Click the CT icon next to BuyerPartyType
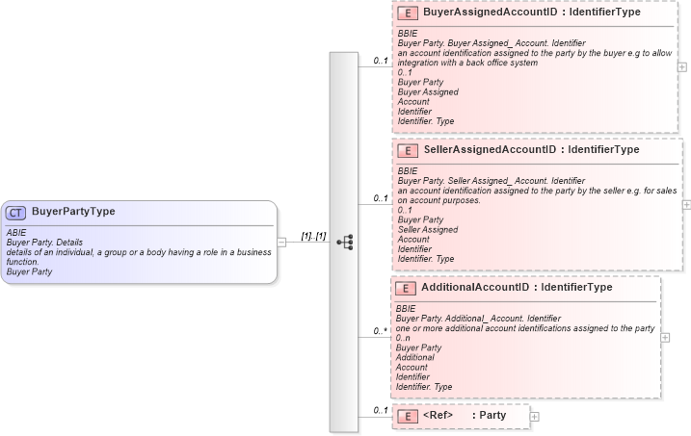(x=15, y=213)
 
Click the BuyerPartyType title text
(x=73, y=212)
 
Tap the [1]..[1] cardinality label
(x=313, y=236)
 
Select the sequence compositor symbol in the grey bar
(x=345, y=242)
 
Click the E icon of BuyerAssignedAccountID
(x=408, y=13)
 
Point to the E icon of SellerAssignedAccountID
(x=408, y=150)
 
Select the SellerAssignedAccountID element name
(x=491, y=150)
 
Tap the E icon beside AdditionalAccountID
(x=406, y=288)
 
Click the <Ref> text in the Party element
(x=438, y=416)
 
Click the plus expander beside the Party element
(x=535, y=416)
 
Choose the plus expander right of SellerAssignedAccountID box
(x=686, y=205)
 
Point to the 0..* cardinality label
(x=381, y=332)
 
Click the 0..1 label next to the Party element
(x=381, y=411)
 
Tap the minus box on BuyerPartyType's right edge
(x=281, y=243)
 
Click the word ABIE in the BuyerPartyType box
(x=15, y=232)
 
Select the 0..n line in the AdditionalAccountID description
(x=403, y=338)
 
